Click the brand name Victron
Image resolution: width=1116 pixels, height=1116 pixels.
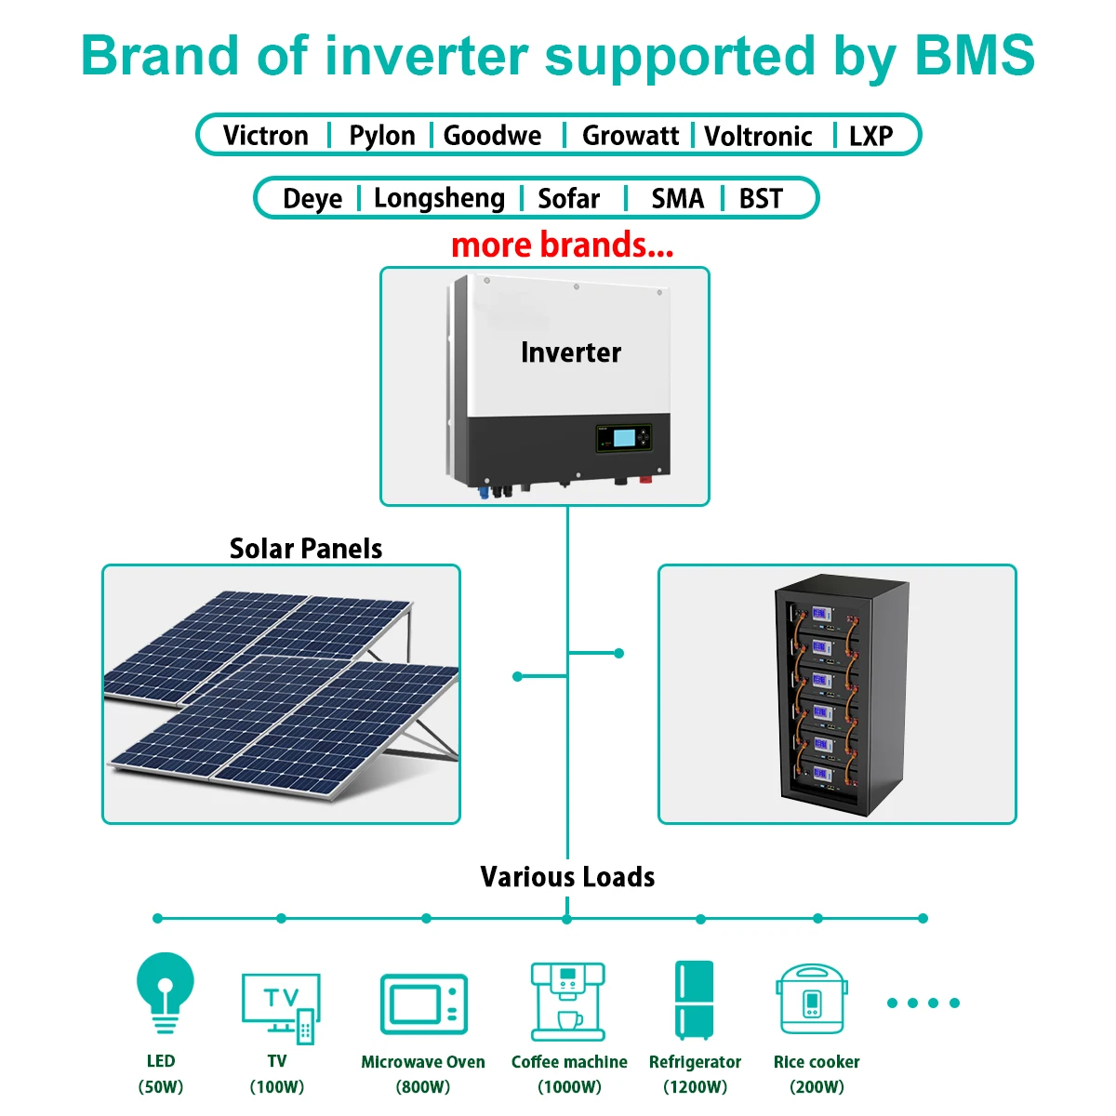click(265, 136)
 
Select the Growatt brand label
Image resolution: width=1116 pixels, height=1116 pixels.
click(631, 136)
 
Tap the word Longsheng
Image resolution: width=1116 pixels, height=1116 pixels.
click(439, 199)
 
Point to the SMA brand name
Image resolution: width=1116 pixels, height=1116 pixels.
click(677, 199)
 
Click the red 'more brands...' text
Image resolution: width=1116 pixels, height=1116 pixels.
click(562, 245)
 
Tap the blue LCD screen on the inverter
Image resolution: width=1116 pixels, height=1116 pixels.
click(623, 438)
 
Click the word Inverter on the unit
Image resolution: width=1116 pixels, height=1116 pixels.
click(570, 352)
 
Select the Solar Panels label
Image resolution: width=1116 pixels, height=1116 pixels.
click(305, 549)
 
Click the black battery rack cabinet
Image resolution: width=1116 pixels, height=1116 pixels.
click(842, 695)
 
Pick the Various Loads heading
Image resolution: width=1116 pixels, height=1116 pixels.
click(567, 877)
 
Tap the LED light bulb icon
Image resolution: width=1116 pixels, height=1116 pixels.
click(165, 992)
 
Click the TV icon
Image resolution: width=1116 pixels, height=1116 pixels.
click(281, 1009)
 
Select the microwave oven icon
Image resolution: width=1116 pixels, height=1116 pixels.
click(423, 1004)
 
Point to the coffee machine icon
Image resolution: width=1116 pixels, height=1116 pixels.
click(567, 1002)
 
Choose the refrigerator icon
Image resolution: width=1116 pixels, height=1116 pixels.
click(694, 1000)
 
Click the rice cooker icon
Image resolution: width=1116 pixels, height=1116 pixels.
click(811, 1000)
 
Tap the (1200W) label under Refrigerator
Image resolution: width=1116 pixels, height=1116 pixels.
click(695, 1086)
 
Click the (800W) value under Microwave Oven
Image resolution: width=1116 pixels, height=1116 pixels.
click(422, 1086)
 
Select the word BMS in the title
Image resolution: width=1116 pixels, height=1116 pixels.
click(974, 56)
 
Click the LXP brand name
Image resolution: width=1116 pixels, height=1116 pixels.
click(870, 136)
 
